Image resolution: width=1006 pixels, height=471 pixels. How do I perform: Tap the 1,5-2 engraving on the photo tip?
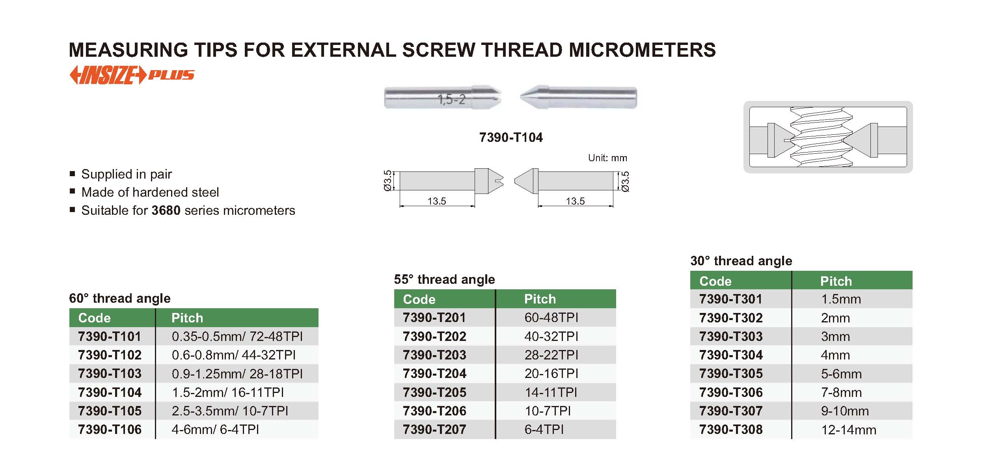point(451,99)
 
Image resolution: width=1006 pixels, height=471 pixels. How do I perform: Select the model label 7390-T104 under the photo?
point(511,138)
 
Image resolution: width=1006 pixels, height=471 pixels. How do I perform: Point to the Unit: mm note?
point(607,158)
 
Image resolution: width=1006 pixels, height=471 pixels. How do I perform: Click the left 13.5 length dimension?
point(437,201)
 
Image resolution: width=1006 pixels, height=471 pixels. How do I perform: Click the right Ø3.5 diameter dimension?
point(625,182)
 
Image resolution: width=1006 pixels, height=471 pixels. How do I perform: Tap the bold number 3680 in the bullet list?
point(166,210)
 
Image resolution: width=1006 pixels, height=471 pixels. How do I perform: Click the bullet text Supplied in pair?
point(127,174)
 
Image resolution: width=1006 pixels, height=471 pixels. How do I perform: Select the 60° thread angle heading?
point(120,298)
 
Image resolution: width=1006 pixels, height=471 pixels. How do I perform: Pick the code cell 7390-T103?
point(110,374)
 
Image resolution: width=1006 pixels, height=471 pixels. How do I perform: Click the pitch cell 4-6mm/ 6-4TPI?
point(215,430)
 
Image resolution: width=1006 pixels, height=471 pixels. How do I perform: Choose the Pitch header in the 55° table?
point(540,299)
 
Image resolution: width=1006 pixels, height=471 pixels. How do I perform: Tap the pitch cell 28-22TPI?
point(551,355)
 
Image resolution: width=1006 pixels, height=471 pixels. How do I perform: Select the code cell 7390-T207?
point(434,430)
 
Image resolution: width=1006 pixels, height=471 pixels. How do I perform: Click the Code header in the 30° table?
point(715,281)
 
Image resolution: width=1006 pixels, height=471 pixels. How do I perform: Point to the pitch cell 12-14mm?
point(848,430)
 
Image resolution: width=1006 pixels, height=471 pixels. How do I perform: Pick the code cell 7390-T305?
point(731,374)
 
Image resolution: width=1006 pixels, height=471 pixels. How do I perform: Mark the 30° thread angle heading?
point(741,261)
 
